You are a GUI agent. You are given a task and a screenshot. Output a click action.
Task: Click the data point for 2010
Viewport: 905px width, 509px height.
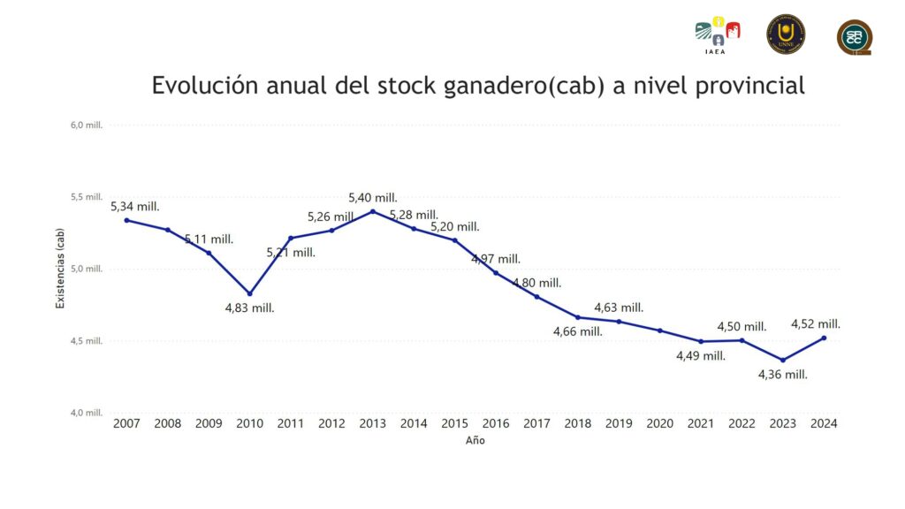pos(250,293)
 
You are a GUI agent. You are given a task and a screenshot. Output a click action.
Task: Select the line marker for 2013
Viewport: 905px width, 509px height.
pos(373,211)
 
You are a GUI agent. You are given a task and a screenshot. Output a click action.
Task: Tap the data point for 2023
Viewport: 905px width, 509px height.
pos(782,360)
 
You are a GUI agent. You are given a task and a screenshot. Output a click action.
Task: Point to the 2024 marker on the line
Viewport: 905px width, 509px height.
pos(824,338)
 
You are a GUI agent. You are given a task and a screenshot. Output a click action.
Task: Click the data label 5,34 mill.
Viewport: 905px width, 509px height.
pos(134,207)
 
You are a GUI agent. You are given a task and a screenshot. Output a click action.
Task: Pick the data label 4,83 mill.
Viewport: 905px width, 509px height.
pos(249,308)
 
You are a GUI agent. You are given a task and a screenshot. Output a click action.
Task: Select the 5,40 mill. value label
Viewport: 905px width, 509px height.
pos(373,198)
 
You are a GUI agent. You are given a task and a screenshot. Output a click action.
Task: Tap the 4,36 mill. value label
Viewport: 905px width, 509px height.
pos(783,375)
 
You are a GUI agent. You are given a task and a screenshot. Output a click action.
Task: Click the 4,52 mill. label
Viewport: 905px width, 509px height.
pos(816,324)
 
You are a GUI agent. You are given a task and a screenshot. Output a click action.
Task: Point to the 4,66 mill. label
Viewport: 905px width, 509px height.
pos(578,331)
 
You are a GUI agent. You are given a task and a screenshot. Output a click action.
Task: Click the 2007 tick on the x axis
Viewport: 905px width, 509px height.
pos(126,424)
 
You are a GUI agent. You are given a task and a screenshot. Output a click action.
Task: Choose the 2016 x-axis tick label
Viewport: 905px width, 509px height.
pos(496,424)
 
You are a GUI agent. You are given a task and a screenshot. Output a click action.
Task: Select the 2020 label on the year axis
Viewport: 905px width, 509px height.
pos(660,424)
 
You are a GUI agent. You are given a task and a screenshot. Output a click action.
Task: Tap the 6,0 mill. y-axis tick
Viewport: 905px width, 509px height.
pos(87,125)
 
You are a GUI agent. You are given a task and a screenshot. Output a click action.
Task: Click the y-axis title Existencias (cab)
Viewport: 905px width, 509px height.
pos(60,269)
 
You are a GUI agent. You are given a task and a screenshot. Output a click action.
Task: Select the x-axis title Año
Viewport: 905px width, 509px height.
pos(475,441)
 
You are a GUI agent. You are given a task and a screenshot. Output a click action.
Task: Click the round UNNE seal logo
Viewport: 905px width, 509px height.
pos(785,34)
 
